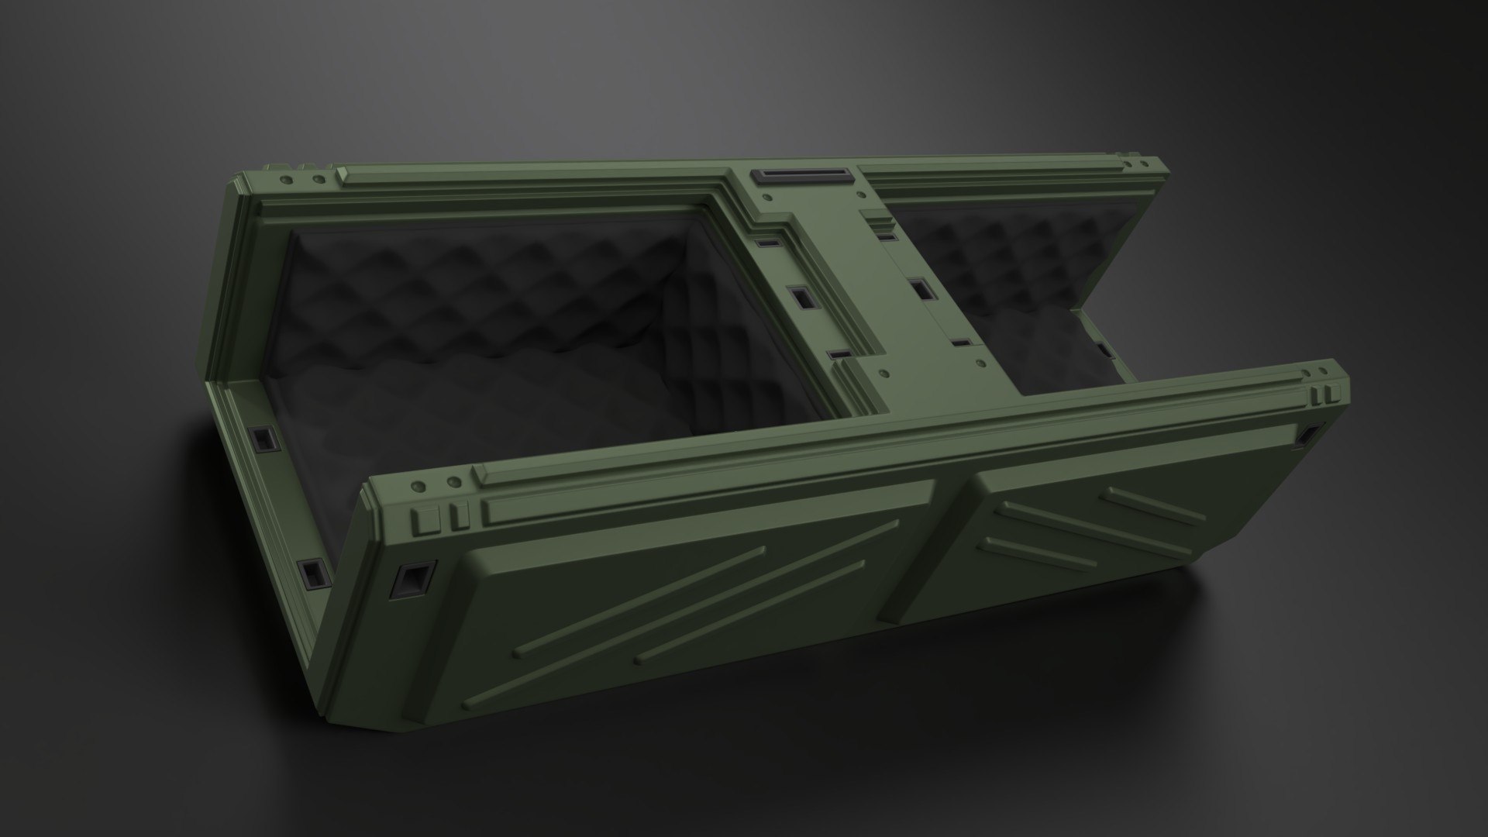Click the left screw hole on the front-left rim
click(x=419, y=487)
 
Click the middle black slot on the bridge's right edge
click(x=921, y=289)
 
